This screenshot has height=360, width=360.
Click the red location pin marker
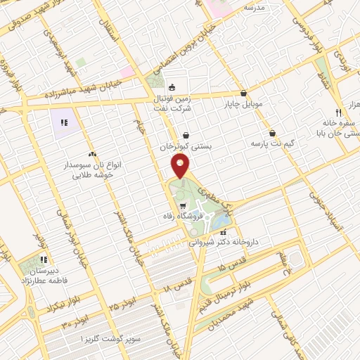181,167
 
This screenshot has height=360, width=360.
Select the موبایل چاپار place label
243,104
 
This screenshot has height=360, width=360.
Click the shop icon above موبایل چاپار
243,93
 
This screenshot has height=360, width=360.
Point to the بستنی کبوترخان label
185,147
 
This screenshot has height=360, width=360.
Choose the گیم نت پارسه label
271,144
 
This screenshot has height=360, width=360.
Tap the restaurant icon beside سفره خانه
337,112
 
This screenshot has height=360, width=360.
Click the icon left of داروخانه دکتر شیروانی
224,231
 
